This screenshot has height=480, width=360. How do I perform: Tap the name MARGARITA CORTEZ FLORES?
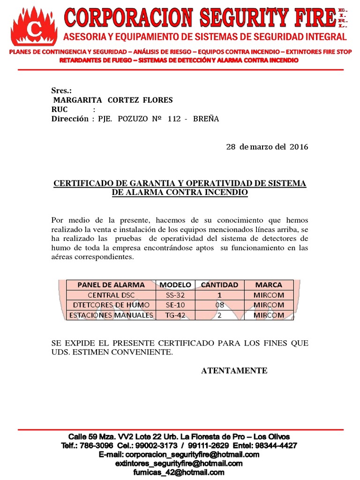[113, 100]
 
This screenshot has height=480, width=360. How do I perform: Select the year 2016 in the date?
[299, 147]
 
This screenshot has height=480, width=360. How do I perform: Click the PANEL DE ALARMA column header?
[111, 285]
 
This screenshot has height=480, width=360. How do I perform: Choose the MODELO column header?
[175, 285]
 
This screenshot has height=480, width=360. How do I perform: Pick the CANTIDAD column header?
[219, 285]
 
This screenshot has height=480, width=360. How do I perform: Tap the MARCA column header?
[269, 285]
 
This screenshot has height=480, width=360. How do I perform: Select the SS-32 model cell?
[175, 295]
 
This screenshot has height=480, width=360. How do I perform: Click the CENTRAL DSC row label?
[111, 295]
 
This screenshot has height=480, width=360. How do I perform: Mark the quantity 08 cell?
[219, 305]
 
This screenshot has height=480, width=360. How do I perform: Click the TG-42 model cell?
[175, 315]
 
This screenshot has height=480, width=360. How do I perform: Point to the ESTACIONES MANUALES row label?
[111, 315]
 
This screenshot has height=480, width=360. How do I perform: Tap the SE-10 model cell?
[175, 305]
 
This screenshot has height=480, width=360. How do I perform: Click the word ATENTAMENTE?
[234, 371]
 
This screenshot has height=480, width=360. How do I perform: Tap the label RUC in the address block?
[60, 110]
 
